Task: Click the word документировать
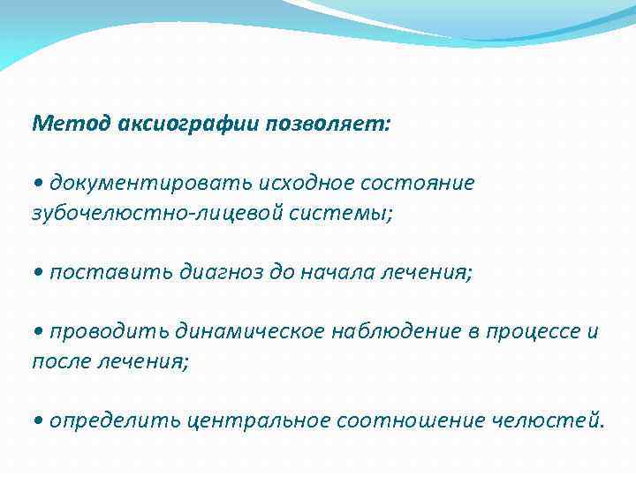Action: (x=151, y=183)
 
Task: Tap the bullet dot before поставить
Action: (x=38, y=273)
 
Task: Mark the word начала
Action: (x=339, y=272)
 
